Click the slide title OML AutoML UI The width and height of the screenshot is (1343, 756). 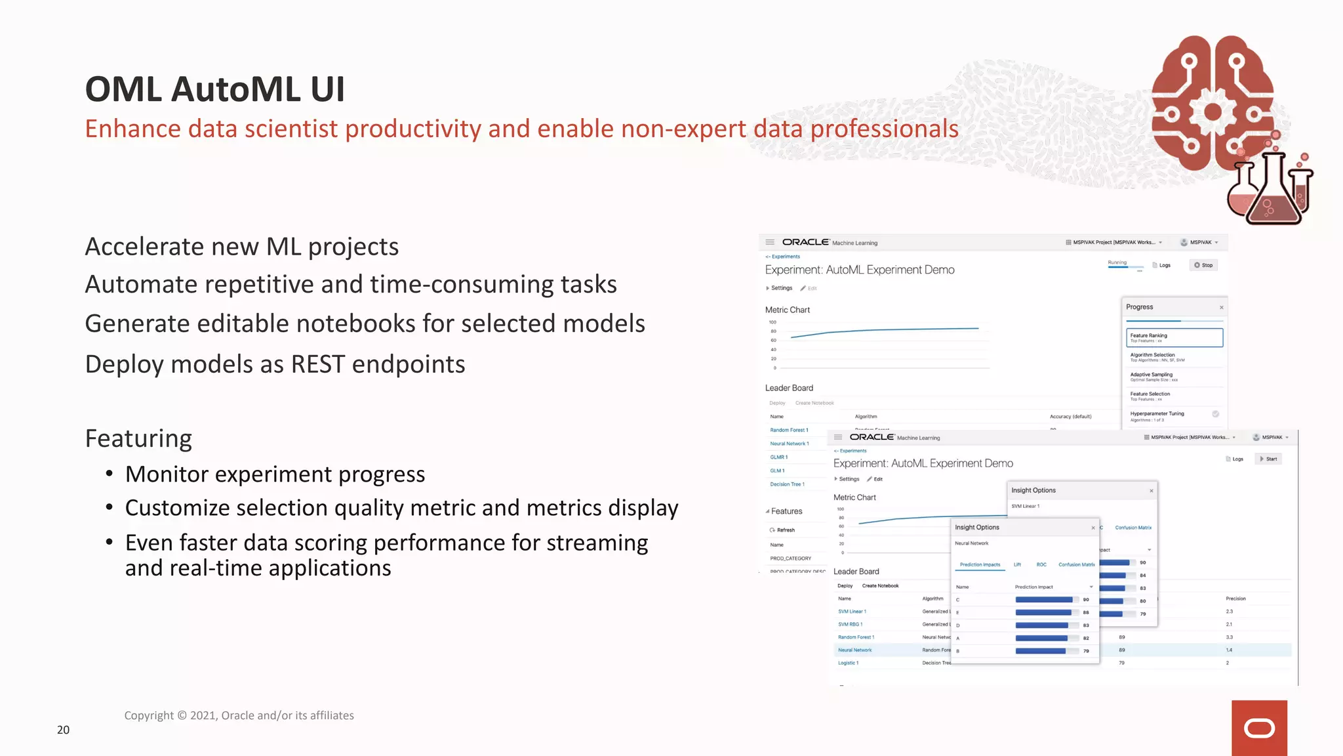point(214,89)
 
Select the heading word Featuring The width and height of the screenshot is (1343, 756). point(138,438)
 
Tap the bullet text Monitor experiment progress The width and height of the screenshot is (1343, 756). point(275,474)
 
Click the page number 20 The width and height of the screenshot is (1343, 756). point(63,730)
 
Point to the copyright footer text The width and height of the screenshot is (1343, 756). point(239,715)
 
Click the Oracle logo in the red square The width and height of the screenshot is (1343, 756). point(1259,728)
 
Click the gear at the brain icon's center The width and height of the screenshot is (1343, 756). point(1213,112)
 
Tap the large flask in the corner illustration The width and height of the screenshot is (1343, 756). point(1273,194)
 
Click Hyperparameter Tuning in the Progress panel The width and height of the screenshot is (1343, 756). point(1157,414)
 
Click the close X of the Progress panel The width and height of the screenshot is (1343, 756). point(1222,307)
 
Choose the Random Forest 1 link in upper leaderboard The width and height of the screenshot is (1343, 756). point(789,430)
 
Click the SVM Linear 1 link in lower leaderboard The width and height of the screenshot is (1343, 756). point(852,612)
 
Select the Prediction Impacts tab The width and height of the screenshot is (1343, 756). point(980,565)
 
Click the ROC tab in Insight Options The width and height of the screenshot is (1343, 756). point(1041,565)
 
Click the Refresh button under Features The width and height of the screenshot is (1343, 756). point(785,530)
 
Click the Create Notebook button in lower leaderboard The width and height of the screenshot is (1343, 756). point(880,586)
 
